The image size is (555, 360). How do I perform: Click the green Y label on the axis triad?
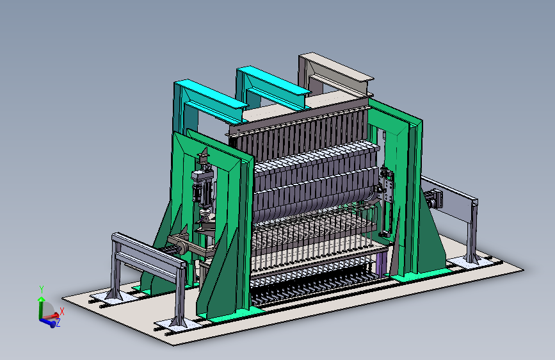point(42,290)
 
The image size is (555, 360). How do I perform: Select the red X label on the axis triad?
point(62,311)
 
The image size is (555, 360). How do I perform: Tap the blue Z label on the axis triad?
point(58,323)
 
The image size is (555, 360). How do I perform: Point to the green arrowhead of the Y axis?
point(42,299)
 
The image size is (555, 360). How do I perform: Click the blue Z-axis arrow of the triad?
point(48,322)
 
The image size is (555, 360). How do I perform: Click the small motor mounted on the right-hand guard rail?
point(434,199)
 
